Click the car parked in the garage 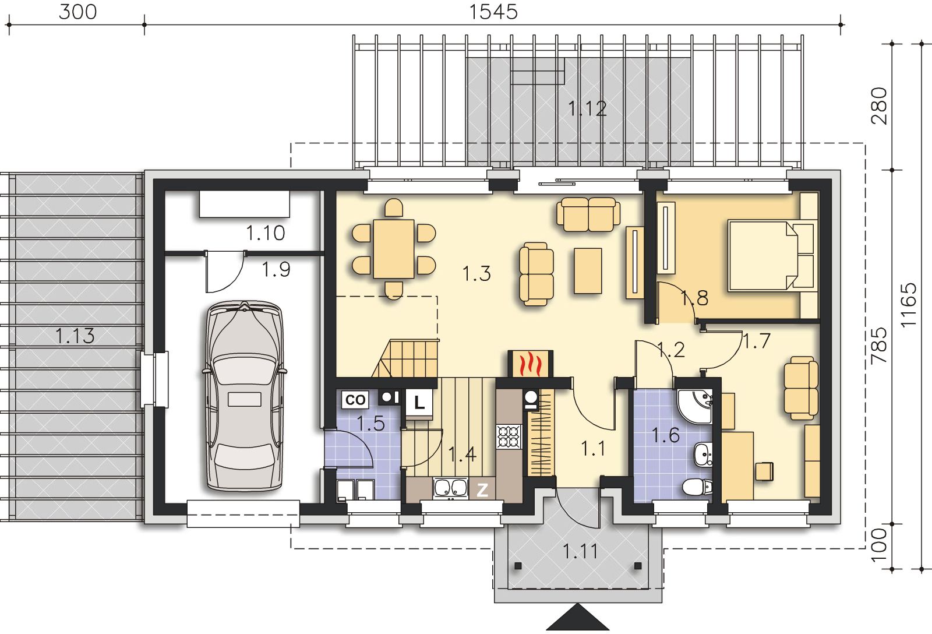[244, 396]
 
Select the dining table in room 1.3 [394, 249]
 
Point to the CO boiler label [355, 400]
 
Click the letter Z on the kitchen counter [482, 490]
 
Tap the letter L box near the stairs [419, 403]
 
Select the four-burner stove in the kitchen [509, 436]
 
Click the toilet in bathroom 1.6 [697, 486]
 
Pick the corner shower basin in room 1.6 [696, 406]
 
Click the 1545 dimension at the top [493, 12]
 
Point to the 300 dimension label [78, 12]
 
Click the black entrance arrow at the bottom [577, 617]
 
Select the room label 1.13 [75, 336]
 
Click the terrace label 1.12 [588, 108]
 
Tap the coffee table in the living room [588, 270]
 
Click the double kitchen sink [451, 488]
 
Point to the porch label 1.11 [580, 552]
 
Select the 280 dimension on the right [879, 106]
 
